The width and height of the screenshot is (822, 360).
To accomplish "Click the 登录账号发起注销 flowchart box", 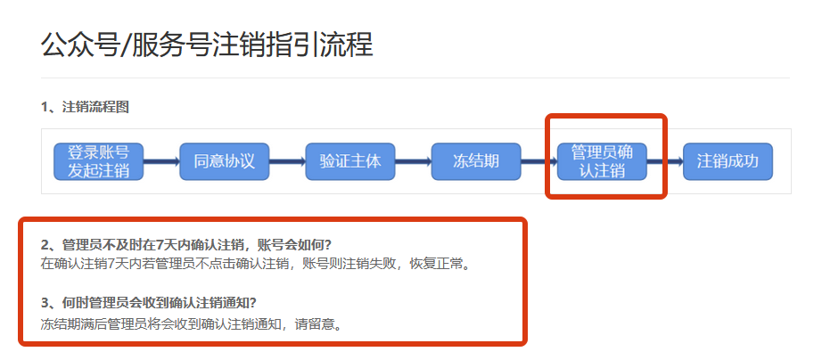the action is pos(98,161).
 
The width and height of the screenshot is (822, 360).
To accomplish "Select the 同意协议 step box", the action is pos(224,161).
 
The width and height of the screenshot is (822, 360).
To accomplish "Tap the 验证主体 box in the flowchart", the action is pos(349,161).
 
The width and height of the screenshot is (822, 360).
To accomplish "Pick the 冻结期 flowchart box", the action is pos(475,161).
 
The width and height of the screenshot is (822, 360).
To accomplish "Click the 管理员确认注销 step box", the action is pos(602,161).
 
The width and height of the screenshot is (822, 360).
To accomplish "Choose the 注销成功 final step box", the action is pos(727,161).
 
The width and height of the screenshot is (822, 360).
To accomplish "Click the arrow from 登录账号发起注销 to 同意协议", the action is pos(160,162).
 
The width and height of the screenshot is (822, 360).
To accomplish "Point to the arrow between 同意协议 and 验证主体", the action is pos(286,162).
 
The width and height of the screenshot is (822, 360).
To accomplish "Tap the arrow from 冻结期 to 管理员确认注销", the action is pos(538,162).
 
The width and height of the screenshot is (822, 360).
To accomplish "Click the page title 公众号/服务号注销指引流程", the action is pos(207,45).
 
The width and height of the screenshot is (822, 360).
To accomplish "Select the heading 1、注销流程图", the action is pos(85,108).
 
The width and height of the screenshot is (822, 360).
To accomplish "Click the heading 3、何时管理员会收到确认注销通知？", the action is pos(155,301).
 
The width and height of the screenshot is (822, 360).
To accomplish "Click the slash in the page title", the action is pos(125,45).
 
